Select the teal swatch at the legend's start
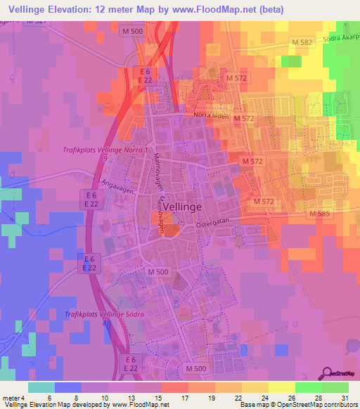pos(41,387)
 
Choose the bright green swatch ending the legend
pos(335,387)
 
